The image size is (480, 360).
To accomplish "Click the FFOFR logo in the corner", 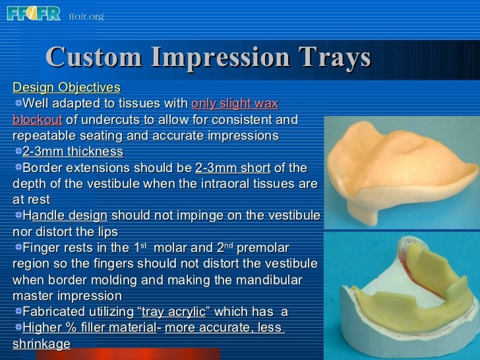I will coord(33,14).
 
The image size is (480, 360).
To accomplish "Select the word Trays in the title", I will coord(334,58).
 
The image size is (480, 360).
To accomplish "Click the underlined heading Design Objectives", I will coord(67,88).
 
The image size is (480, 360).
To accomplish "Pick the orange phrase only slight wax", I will coord(235,104).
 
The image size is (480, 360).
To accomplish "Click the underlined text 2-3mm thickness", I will coord(73,152).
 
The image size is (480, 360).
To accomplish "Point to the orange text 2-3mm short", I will coord(233,167).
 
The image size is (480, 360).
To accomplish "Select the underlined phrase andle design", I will coord(69,216).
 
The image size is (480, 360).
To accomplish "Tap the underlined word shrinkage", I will coord(42,344).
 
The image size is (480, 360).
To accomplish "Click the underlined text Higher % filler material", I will coord(91,328).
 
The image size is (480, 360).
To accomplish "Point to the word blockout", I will coord(37,119).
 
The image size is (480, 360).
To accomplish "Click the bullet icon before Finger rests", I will coord(17,247).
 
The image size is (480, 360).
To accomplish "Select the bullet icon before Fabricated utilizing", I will coord(17,311).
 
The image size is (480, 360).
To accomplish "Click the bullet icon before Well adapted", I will coord(17,104).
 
